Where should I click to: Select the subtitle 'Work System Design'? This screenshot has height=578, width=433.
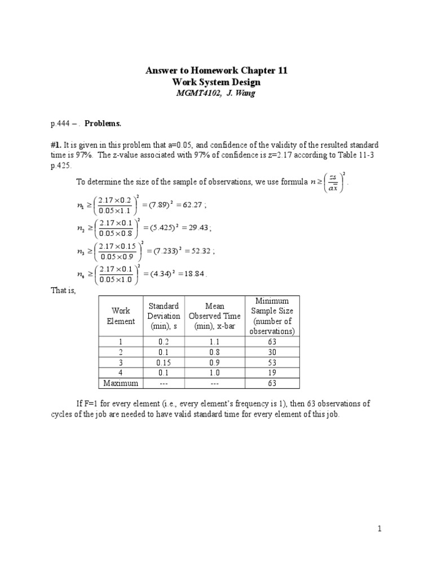(x=216, y=82)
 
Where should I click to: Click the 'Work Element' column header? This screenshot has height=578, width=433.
(x=121, y=316)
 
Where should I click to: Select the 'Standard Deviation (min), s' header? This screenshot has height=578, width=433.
(x=164, y=316)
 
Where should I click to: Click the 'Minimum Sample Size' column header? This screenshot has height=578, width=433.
(x=272, y=316)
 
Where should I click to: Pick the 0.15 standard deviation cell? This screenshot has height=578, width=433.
(x=164, y=362)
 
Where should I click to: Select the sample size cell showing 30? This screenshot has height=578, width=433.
(x=272, y=352)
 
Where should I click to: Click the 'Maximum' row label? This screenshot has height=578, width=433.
(x=121, y=383)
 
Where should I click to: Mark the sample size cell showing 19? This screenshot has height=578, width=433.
(x=272, y=373)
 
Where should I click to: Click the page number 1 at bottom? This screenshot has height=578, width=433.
(x=380, y=529)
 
